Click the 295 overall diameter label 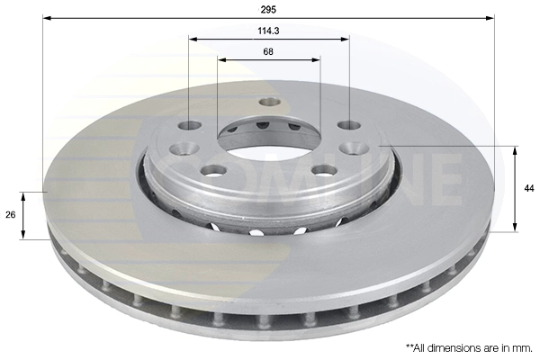click(x=268, y=10)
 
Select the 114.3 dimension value click(x=268, y=31)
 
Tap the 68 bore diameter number click(x=268, y=51)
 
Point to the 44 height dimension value click(x=529, y=188)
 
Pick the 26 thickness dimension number click(x=11, y=214)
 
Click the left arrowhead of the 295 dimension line click(x=47, y=18)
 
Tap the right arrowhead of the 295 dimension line click(x=490, y=18)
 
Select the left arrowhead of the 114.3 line click(x=193, y=39)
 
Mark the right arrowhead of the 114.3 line click(x=345, y=39)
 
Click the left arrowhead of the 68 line click(x=222, y=60)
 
